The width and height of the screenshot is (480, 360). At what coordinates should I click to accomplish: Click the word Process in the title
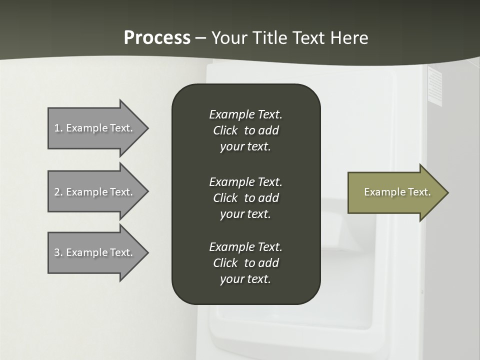pos(157,38)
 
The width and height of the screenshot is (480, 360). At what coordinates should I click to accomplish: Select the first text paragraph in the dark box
pos(245,130)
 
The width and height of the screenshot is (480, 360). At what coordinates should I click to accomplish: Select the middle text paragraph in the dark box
pos(245,198)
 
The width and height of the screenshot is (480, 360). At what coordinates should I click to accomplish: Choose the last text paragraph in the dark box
pos(245,263)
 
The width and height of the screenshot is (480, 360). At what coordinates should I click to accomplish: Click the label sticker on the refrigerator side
pos(435,86)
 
